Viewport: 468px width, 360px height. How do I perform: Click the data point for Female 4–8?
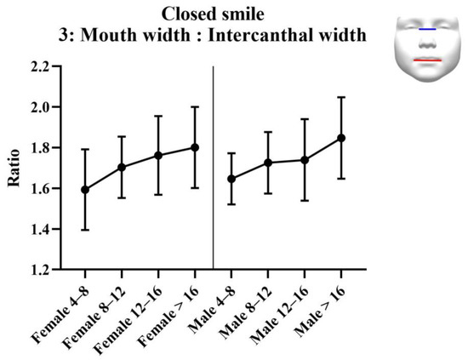pyautogui.click(x=85, y=189)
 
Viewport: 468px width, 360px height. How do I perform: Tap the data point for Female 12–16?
pyautogui.click(x=158, y=155)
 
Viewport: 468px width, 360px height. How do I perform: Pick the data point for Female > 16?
pyautogui.click(x=195, y=147)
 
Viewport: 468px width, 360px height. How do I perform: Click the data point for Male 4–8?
pyautogui.click(x=231, y=179)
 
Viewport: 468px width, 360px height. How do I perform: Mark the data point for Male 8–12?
pyautogui.click(x=268, y=163)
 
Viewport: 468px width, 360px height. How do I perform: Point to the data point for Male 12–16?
pyautogui.click(x=305, y=160)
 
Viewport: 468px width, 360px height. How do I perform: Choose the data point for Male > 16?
pyautogui.click(x=341, y=137)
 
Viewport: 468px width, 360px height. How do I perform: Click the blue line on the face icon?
pyautogui.click(x=428, y=29)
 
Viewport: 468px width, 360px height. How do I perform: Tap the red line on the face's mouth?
pyautogui.click(x=427, y=60)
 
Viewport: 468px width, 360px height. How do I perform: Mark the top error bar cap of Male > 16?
pyautogui.click(x=341, y=97)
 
